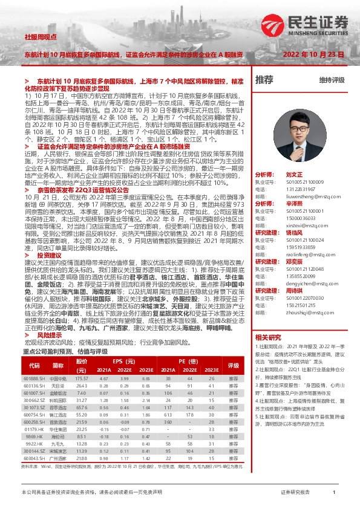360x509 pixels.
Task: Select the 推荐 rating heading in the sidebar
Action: click(264, 79)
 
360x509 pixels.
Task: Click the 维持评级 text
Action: click(332, 80)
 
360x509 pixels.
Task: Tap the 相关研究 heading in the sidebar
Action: click(268, 337)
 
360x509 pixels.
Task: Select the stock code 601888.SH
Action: click(34, 378)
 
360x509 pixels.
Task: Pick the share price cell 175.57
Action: click(82, 378)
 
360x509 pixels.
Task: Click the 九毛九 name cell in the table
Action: click(58, 444)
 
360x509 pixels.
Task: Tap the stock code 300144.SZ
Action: click(34, 452)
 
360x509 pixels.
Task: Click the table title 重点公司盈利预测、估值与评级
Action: click(65, 351)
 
